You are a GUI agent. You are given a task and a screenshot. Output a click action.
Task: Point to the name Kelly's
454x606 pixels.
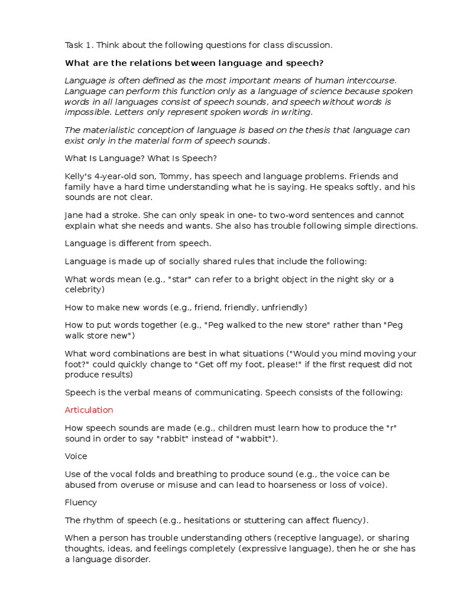point(77,176)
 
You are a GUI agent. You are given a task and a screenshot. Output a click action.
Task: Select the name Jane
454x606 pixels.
point(74,215)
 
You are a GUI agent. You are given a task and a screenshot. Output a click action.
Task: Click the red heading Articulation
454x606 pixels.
point(89,410)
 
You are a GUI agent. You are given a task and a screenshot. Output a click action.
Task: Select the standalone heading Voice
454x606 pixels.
point(76,456)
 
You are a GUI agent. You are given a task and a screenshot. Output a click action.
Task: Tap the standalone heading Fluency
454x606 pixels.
point(81,502)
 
